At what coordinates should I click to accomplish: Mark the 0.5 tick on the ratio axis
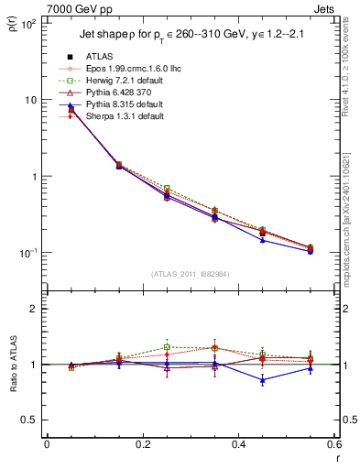click(29, 420)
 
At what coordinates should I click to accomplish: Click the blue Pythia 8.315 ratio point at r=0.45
click(263, 379)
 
